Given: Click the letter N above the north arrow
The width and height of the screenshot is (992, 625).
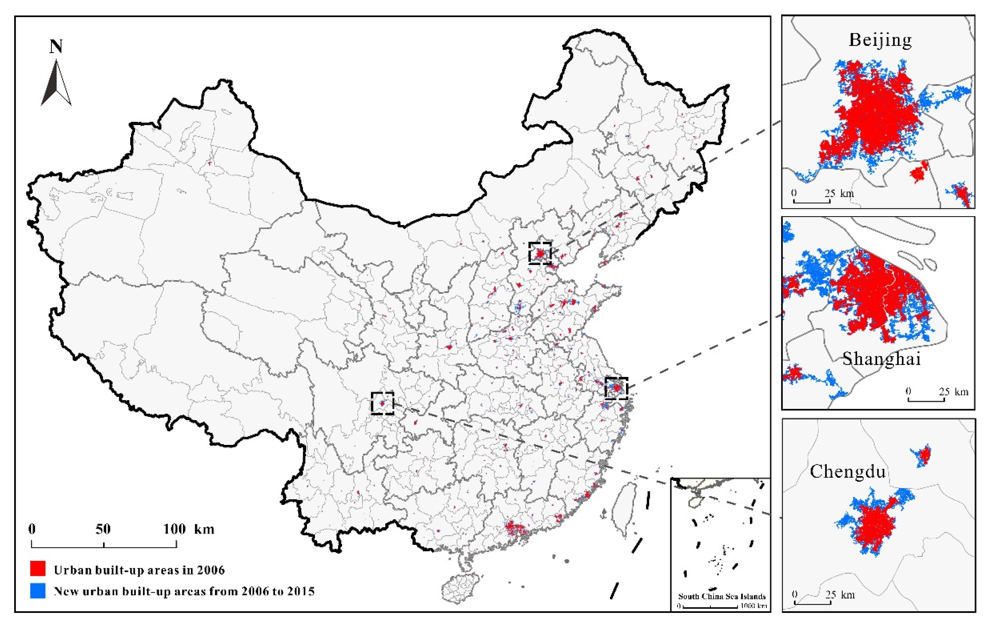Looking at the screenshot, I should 56,47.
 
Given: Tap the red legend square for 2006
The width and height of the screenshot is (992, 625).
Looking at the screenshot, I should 37,569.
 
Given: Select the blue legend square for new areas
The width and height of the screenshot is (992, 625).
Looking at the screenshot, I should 37,590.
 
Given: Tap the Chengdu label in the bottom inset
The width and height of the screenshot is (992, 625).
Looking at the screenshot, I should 847,471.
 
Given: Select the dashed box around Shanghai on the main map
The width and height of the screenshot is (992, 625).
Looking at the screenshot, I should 616,388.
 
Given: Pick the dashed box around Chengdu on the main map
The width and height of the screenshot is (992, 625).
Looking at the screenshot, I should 382,403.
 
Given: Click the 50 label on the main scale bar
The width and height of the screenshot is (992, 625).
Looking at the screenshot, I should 103,529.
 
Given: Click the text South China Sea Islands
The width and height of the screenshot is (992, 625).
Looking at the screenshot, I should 722,596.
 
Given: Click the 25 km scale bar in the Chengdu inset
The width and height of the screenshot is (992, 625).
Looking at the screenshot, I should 812,603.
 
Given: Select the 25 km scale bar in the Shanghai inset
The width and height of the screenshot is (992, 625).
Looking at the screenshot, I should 926,400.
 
